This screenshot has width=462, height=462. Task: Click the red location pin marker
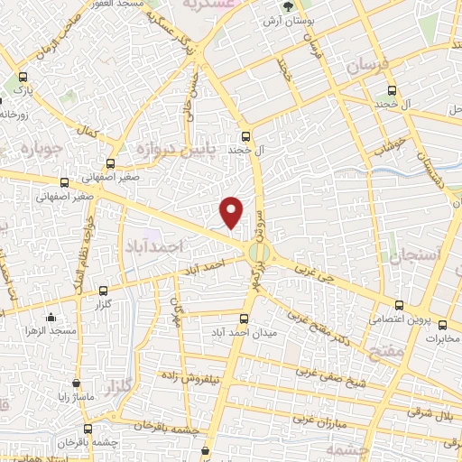232,211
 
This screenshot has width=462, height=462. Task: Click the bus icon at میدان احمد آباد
244,318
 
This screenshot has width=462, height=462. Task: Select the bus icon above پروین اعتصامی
399,305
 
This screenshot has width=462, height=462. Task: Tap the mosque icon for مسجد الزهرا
51,316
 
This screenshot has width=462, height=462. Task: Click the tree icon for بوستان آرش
285,6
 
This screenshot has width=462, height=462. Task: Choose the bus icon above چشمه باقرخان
88,430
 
